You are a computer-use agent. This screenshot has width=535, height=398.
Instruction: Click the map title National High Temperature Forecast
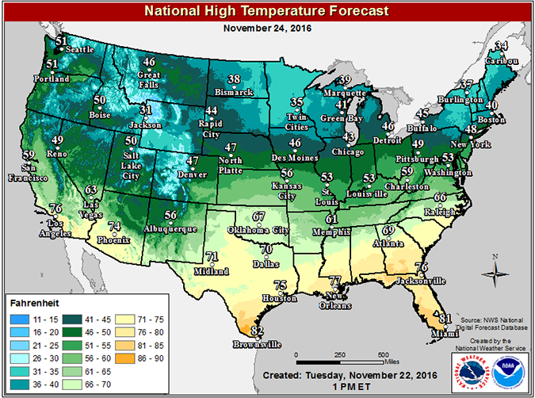[x=267, y=11]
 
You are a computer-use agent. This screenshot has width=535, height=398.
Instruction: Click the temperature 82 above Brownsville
[x=256, y=331]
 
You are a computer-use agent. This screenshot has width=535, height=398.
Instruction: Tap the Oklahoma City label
[x=258, y=229]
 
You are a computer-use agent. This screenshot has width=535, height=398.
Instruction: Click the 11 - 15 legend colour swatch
[x=17, y=315]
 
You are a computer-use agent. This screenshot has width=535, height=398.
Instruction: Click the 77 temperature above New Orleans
[x=334, y=281]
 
